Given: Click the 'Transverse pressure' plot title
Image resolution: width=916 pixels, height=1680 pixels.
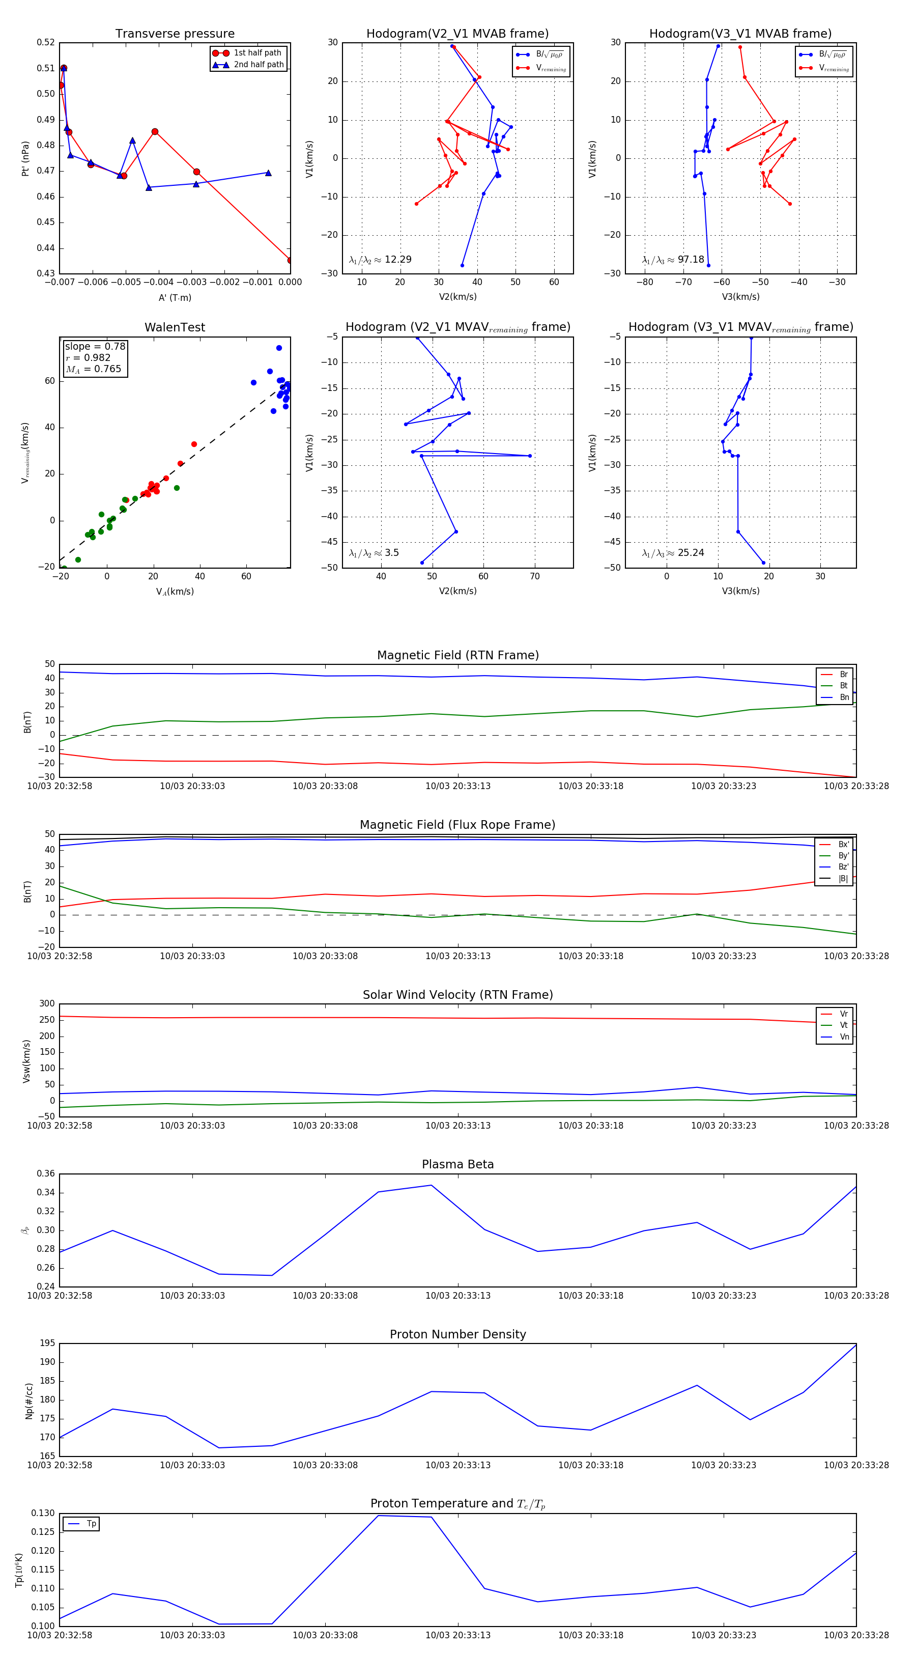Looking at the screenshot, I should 175,34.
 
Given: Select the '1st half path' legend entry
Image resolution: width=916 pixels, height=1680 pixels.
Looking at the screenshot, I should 257,53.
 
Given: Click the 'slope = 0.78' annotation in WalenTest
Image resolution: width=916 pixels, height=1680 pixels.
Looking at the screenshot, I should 95,346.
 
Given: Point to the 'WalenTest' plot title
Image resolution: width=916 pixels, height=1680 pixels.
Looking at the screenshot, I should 175,327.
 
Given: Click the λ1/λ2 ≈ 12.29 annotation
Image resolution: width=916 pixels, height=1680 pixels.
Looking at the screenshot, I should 380,260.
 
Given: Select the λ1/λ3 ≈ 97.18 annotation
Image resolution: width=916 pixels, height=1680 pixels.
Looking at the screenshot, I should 673,260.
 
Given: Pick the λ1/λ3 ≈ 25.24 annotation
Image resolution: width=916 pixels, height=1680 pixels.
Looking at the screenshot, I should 673,553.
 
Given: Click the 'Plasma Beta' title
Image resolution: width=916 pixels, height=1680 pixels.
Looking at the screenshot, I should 457,1164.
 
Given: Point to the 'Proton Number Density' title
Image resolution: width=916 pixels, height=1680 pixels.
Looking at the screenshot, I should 457,1334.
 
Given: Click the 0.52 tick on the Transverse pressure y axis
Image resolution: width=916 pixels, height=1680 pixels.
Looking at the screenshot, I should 46,42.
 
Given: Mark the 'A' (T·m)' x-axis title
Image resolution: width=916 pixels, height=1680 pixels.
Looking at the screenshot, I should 175,297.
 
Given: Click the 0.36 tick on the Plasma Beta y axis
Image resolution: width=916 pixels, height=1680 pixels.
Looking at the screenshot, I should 46,1173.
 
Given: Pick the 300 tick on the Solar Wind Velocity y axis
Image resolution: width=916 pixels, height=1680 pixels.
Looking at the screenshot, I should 47,1004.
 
